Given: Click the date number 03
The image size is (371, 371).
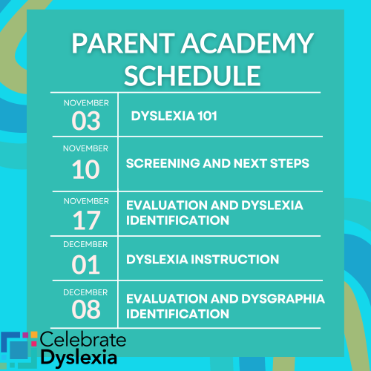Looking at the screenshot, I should pyautogui.click(x=85, y=119).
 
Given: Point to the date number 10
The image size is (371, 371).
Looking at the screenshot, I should pyautogui.click(x=85, y=168).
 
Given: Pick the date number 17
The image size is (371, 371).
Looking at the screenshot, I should pyautogui.click(x=85, y=219).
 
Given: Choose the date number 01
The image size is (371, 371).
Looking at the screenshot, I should pyautogui.click(x=85, y=264).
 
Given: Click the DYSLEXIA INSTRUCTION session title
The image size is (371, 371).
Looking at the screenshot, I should pyautogui.click(x=203, y=259).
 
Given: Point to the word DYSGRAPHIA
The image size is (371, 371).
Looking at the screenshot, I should pyautogui.click(x=268, y=299).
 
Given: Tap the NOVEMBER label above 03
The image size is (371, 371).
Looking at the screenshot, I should pyautogui.click(x=85, y=102).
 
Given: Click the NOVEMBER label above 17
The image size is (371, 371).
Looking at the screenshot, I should pyautogui.click(x=85, y=200).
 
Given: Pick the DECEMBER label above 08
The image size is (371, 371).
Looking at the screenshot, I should pyautogui.click(x=85, y=292).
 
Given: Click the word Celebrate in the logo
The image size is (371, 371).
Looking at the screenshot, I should pyautogui.click(x=83, y=341).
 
